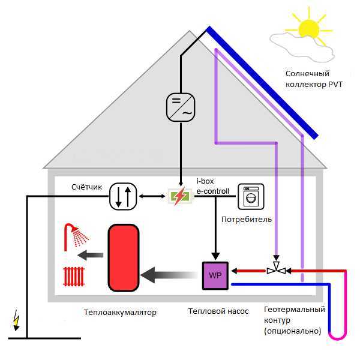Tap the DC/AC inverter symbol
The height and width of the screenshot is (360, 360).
[x=181, y=107]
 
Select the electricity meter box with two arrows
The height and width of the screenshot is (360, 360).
[x=123, y=197]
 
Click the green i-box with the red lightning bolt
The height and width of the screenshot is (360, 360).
[x=180, y=196]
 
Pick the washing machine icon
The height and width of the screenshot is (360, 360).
[x=251, y=197]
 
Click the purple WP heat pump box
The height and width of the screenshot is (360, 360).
[x=215, y=275]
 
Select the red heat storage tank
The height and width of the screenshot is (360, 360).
[x=124, y=258]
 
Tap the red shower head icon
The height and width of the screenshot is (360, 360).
[x=76, y=237]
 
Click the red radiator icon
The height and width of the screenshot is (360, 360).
[x=74, y=277]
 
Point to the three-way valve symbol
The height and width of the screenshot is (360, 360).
[x=277, y=269]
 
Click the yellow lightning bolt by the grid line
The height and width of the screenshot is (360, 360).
[x=16, y=320]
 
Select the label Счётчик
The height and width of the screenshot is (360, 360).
[x=86, y=187]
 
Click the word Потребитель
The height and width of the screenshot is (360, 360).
[x=247, y=220]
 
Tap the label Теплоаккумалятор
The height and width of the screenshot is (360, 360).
[x=120, y=313]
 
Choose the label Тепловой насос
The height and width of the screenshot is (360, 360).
[x=218, y=311]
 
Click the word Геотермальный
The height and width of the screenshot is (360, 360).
[x=295, y=310]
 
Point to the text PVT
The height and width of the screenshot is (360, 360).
[x=335, y=85]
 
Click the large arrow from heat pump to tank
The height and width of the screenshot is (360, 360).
[x=169, y=275]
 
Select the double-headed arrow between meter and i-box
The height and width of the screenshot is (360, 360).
[x=152, y=196]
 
